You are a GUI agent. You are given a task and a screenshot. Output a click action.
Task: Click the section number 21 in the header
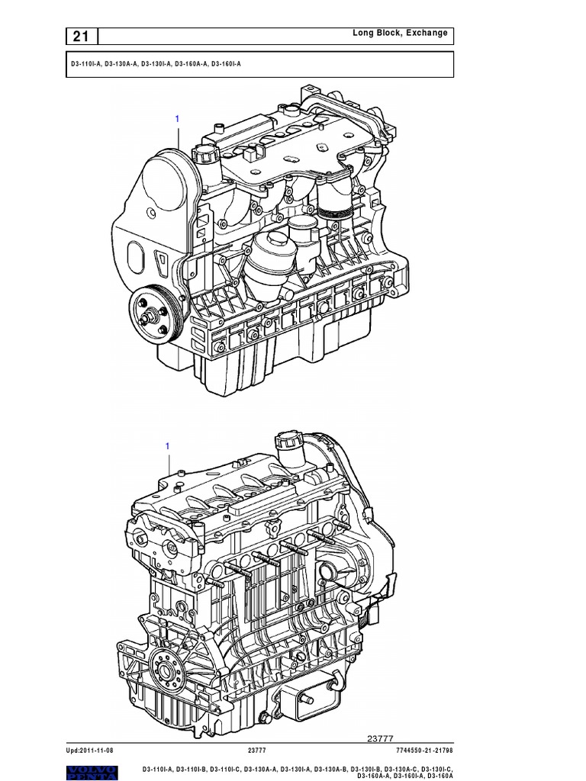coord(81,37)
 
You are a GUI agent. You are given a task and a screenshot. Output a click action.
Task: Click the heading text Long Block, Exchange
coord(400,33)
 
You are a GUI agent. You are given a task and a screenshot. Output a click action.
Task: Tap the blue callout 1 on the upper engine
coord(177,118)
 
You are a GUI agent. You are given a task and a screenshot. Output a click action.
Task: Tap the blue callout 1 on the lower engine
coord(167,445)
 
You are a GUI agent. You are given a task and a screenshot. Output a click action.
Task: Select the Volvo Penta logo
coord(92,773)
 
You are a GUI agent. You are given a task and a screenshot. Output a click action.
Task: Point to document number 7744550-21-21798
coord(424,750)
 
